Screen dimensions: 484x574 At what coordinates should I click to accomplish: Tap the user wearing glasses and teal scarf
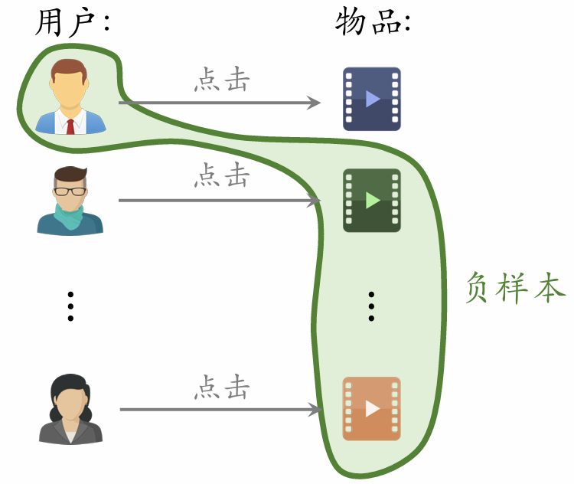click(x=70, y=201)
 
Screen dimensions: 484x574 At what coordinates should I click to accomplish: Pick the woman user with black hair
click(x=70, y=409)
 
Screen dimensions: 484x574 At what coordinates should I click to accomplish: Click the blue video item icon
click(x=372, y=99)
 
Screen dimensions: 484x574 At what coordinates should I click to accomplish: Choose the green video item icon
click(x=372, y=201)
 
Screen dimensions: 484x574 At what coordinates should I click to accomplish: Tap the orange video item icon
click(x=372, y=409)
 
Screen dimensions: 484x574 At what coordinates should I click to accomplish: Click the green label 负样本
click(x=515, y=289)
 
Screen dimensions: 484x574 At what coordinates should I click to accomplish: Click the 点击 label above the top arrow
click(x=222, y=80)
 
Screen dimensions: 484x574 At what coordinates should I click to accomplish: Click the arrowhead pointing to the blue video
click(x=314, y=103)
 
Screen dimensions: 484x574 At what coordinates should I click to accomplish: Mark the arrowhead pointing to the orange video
click(x=314, y=410)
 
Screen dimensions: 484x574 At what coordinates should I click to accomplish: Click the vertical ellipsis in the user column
click(x=70, y=306)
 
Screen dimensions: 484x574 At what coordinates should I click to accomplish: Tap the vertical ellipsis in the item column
click(x=371, y=306)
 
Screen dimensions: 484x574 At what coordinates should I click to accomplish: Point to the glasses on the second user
click(x=70, y=191)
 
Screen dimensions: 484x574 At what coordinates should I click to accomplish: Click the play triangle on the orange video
click(x=373, y=409)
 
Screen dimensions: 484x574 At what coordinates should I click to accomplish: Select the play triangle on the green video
click(x=373, y=201)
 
